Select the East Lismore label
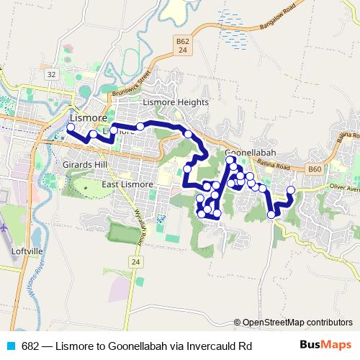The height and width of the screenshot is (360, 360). [x=127, y=184]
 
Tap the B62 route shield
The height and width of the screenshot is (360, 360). [x=183, y=47]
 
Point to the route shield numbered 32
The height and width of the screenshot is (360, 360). [x=50, y=74]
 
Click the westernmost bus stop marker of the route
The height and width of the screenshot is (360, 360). [x=71, y=127]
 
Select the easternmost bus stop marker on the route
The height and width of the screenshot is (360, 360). [x=291, y=190]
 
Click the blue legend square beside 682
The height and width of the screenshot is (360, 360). [x=12, y=345]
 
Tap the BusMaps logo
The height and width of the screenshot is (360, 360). [x=326, y=345]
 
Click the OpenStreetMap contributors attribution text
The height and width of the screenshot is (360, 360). [x=297, y=322]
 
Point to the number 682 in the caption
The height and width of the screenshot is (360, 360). [x=30, y=345]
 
